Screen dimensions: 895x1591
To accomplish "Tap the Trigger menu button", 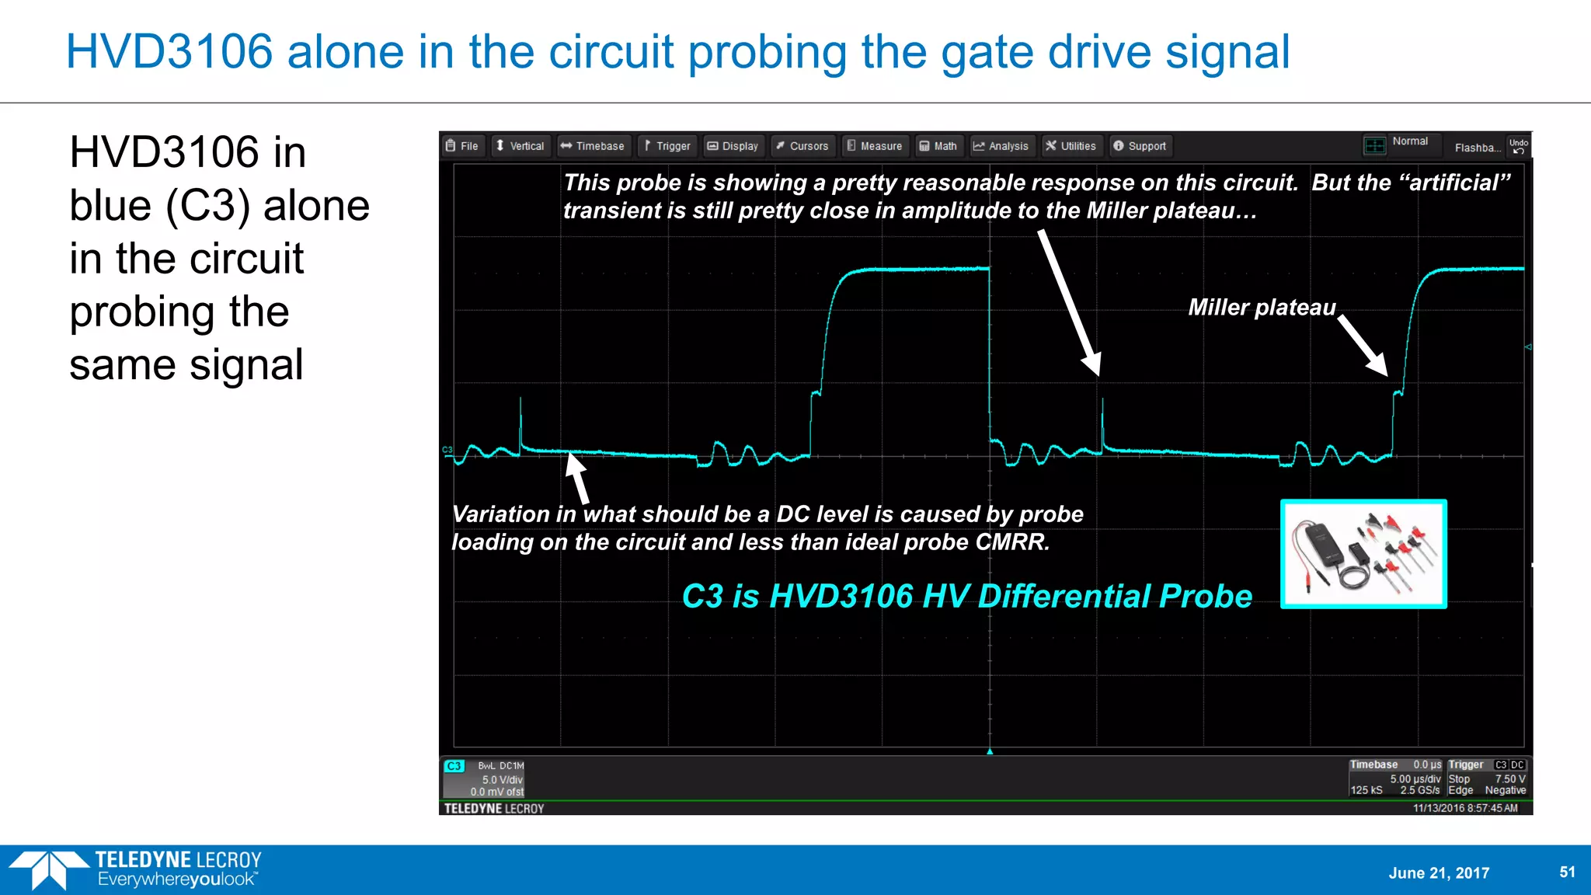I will click(x=667, y=146).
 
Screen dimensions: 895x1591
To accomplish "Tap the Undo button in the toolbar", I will click(x=1518, y=146).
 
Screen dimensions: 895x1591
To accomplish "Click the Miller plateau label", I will click(x=1262, y=308).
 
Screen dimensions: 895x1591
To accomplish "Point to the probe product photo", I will click(x=1363, y=554).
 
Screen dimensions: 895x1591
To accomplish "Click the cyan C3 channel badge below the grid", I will click(x=454, y=766).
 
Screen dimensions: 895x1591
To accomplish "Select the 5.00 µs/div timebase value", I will click(x=1415, y=778).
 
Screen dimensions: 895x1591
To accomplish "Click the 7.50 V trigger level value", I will click(x=1509, y=778).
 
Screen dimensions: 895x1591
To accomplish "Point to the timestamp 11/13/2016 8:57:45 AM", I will click(x=1464, y=808).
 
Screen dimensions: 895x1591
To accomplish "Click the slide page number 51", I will click(x=1567, y=872).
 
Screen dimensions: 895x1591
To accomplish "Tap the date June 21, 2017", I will click(x=1439, y=872).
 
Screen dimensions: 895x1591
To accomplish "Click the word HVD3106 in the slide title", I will click(x=169, y=52).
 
